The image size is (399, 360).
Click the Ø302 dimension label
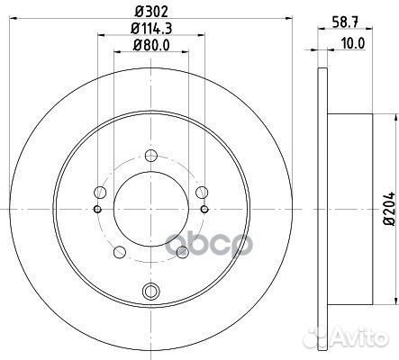coord(151,12)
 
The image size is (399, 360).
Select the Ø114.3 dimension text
coord(151,29)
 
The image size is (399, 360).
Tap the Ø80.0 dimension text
coord(151,46)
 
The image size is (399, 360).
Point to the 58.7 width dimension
coord(345,22)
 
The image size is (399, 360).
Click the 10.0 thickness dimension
coord(353,44)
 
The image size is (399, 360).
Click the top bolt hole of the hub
coord(151,156)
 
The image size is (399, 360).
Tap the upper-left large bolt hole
coord(100,193)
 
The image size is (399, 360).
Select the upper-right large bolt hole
coord(202,193)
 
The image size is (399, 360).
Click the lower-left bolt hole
coord(120,252)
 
